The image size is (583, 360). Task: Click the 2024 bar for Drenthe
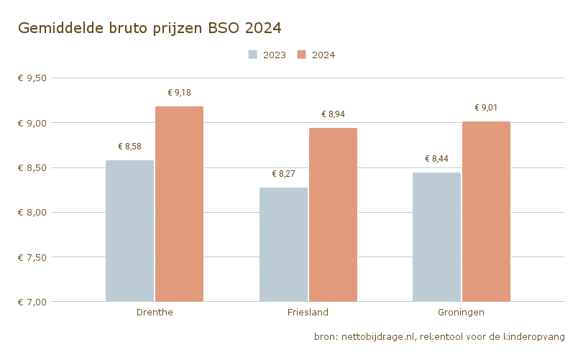pyautogui.click(x=180, y=204)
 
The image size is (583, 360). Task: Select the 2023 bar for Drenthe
pyautogui.click(x=130, y=231)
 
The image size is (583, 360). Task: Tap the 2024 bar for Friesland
pyautogui.click(x=333, y=215)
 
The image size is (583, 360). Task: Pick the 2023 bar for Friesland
pyautogui.click(x=283, y=244)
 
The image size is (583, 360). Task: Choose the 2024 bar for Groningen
pyautogui.click(x=486, y=211)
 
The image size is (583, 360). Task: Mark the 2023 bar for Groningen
pyautogui.click(x=436, y=237)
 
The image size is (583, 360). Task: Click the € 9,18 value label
pyautogui.click(x=180, y=93)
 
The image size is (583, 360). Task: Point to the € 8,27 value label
pyautogui.click(x=283, y=174)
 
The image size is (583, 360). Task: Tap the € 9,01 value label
pyautogui.click(x=486, y=108)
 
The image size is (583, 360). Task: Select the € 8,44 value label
pyautogui.click(x=436, y=159)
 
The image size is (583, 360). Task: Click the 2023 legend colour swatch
pyautogui.click(x=253, y=55)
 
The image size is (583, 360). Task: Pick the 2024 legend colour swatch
pyautogui.click(x=302, y=55)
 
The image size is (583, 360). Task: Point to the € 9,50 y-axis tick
pyautogui.click(x=32, y=78)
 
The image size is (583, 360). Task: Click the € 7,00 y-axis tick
pyautogui.click(x=32, y=302)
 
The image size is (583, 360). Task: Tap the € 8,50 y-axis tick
pyautogui.click(x=32, y=167)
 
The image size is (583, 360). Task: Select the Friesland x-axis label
pyautogui.click(x=308, y=313)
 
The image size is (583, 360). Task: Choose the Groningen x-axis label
pyautogui.click(x=461, y=313)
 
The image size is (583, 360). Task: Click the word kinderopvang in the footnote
pyautogui.click(x=534, y=336)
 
